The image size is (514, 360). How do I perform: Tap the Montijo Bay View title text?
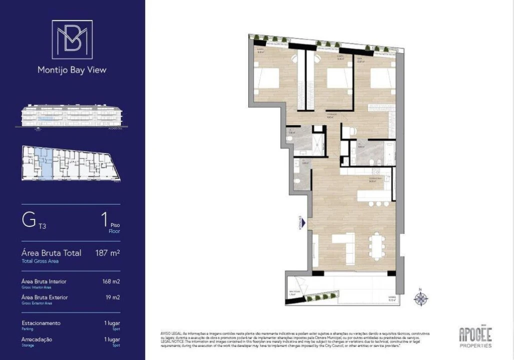pyautogui.click(x=72, y=70)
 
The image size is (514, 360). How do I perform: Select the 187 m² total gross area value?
pyautogui.click(x=107, y=253)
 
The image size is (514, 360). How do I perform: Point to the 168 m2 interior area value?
pyautogui.click(x=111, y=281)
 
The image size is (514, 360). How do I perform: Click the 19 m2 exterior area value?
pyautogui.click(x=112, y=297)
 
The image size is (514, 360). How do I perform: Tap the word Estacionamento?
pyautogui.click(x=41, y=323)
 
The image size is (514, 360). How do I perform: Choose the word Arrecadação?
pyautogui.click(x=37, y=339)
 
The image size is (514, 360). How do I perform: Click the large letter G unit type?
pyautogui.click(x=28, y=221)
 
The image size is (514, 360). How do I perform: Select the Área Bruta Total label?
pyautogui.click(x=51, y=253)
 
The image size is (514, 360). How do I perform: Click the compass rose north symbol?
pyautogui.click(x=421, y=299)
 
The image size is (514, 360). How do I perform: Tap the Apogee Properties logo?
pyautogui.click(x=475, y=337)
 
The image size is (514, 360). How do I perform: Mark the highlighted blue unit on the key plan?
pyautogui.click(x=45, y=163)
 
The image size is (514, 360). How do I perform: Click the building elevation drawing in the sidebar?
pyautogui.click(x=71, y=116)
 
